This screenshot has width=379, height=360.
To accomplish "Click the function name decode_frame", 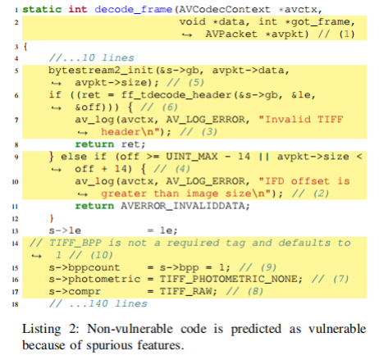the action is coord(134,10).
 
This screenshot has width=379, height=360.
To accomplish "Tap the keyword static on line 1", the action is coord(42,9).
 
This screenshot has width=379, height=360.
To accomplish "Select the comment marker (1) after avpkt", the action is coord(347,34).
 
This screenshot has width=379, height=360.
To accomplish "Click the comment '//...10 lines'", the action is coord(92,57).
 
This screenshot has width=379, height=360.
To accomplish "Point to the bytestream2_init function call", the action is coord(100,71).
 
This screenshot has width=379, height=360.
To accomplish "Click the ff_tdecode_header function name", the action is coord(176,95).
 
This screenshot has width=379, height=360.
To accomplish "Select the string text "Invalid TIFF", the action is coord(301,120).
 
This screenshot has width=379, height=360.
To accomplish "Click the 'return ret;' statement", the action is coord(110,144).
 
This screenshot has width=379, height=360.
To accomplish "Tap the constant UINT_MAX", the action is coord(192,157).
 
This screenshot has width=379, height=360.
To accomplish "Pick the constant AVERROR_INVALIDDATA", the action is coord(185,206).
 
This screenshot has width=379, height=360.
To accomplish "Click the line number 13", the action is coord(15,231).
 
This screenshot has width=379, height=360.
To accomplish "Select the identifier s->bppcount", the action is coord(84,267).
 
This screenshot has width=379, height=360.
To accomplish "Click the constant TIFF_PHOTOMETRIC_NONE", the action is coord(231,279).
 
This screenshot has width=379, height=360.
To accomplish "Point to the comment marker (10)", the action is coord(102,255).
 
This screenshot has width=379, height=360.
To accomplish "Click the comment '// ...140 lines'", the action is coord(98,303).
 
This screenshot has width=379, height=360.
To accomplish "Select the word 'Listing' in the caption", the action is coord(42,330).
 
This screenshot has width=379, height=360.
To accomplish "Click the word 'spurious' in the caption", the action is coord(109,345).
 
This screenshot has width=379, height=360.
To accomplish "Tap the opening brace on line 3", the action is coord(25,47).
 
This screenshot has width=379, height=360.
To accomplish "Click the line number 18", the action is coord(15,304).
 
